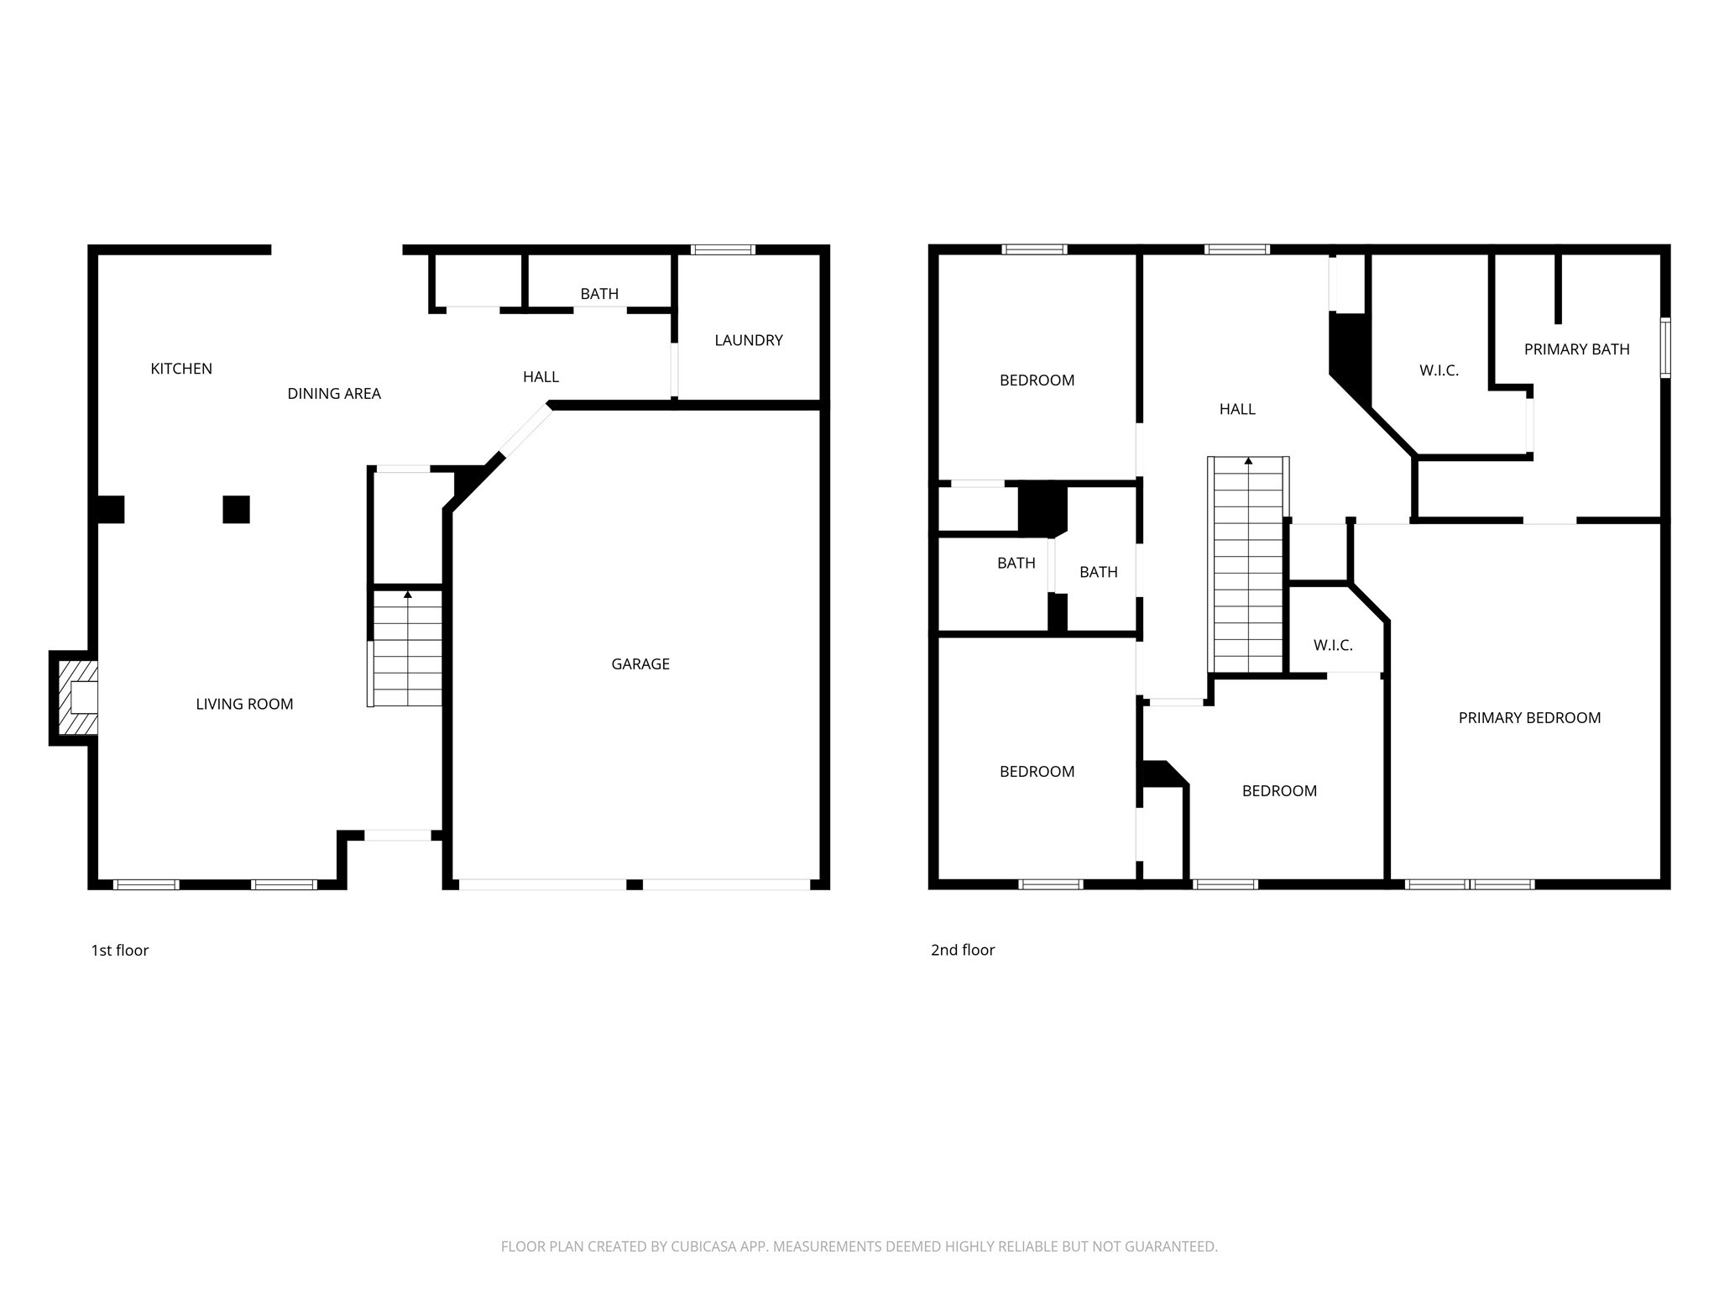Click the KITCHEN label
tap(181, 369)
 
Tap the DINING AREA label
tap(334, 394)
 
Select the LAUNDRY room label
tap(748, 340)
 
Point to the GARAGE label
tap(640, 664)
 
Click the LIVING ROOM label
tap(244, 705)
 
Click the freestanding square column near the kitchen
tap(236, 510)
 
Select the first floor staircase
tap(407, 648)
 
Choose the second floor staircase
tap(1248, 564)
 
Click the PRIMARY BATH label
tap(1576, 349)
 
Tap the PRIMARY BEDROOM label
tap(1529, 718)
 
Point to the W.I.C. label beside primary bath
tap(1439, 370)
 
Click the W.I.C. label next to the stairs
tap(1333, 646)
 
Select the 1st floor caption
tap(120, 951)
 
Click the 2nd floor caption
tap(963, 951)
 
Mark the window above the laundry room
tap(723, 249)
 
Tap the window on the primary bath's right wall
tap(1665, 348)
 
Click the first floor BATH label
tap(599, 294)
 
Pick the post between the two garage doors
tap(635, 884)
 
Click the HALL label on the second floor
tap(1237, 410)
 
